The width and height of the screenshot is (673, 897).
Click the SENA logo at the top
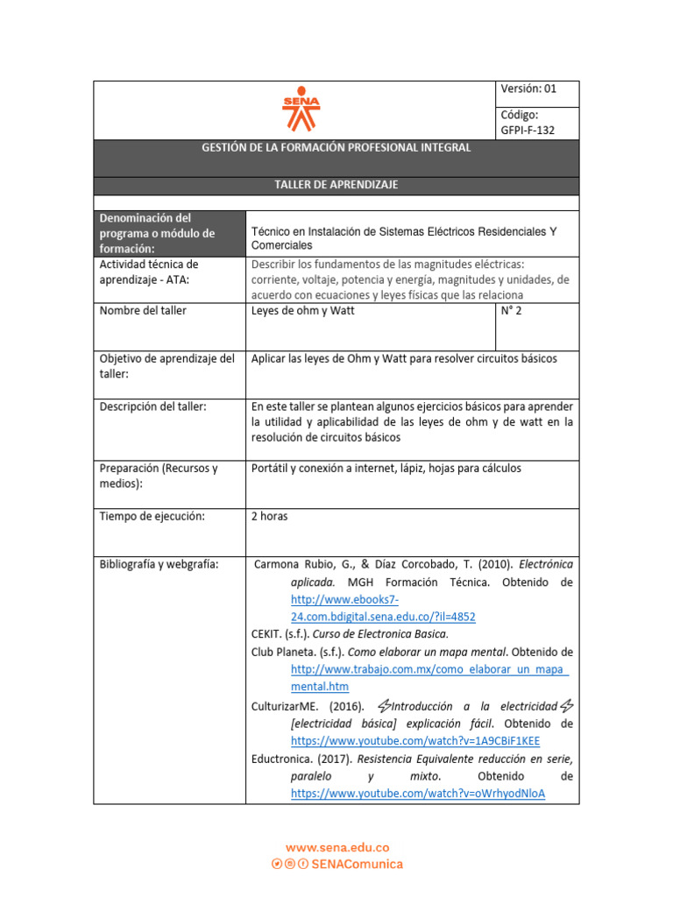click(x=301, y=109)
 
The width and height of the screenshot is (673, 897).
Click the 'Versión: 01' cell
click(x=528, y=88)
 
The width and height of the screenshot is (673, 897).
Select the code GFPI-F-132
click(x=528, y=131)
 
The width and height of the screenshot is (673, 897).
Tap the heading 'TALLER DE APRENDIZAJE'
click(x=336, y=185)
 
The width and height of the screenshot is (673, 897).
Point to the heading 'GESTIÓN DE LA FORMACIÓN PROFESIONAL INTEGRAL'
click(x=336, y=148)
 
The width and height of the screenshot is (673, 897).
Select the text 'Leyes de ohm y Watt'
click(x=302, y=311)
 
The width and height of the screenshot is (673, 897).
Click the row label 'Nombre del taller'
click(x=143, y=311)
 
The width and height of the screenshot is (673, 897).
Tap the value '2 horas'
click(x=269, y=516)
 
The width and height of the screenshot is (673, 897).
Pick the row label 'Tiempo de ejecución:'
click(x=152, y=516)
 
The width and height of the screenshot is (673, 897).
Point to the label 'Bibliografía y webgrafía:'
click(x=159, y=564)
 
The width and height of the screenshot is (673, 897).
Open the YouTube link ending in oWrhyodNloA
click(x=418, y=794)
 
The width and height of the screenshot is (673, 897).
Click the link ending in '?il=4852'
click(x=383, y=617)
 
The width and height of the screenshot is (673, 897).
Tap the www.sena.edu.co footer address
click(x=337, y=847)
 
